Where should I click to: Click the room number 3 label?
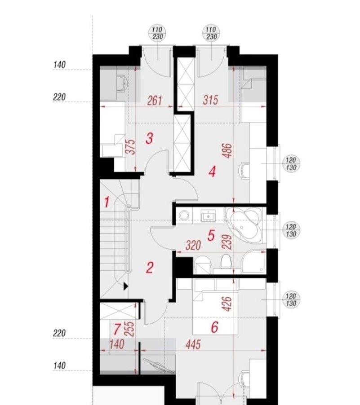pos(150,138)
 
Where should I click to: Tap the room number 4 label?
pos(212,172)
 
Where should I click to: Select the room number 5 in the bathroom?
pos(211,235)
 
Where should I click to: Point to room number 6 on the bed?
pos(215,327)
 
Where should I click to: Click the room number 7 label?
pos(117,329)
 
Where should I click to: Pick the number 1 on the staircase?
pos(107,202)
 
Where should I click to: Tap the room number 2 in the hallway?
pos(150,268)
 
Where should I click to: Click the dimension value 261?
pos(155,101)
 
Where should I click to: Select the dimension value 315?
pos(210,100)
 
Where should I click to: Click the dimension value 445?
pos(193,344)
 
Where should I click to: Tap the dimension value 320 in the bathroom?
pos(193,245)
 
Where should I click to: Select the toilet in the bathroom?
pos(226,261)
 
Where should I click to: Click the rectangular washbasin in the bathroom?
pos(208,216)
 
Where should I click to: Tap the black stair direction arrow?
pos(126,286)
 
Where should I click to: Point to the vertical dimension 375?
pos(132,147)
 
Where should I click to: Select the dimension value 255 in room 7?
pos(130,329)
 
